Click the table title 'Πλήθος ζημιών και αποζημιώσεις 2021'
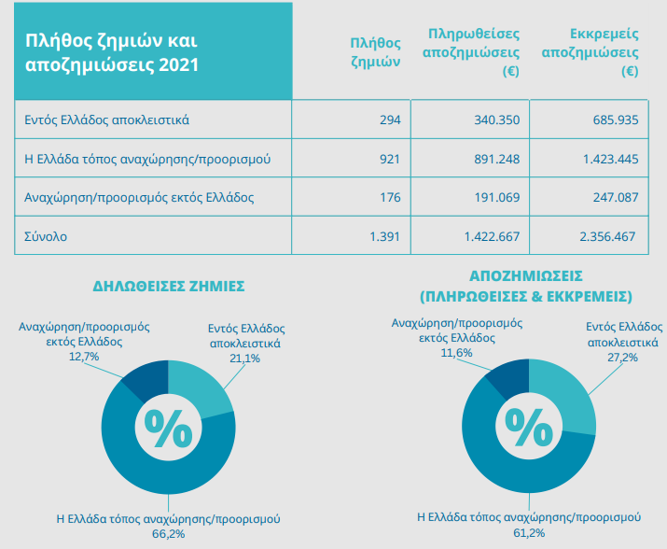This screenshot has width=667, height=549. tap(111, 53)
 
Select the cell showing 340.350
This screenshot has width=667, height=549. tap(496, 120)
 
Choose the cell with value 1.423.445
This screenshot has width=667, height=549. tap(607, 159)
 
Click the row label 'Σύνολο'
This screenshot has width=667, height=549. tap(46, 237)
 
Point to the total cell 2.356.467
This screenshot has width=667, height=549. tap(607, 237)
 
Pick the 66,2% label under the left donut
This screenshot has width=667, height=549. tap(168, 533)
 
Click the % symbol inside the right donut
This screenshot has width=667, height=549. tap(529, 427)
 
